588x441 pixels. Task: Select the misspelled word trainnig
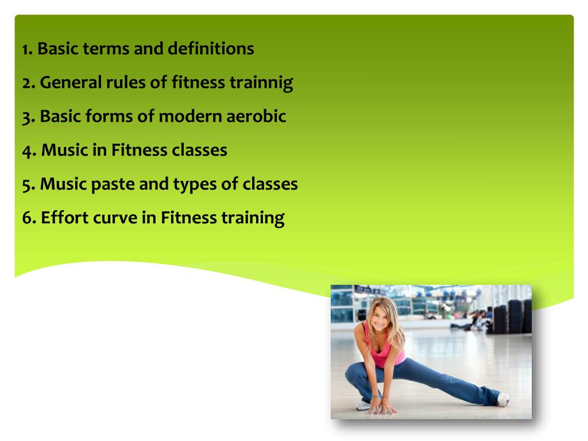tap(261, 83)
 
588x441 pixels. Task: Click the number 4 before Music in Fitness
tap(28, 150)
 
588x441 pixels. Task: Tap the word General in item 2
tap(71, 83)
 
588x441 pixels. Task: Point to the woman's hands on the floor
tap(381, 408)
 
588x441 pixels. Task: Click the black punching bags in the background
tap(514, 316)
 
